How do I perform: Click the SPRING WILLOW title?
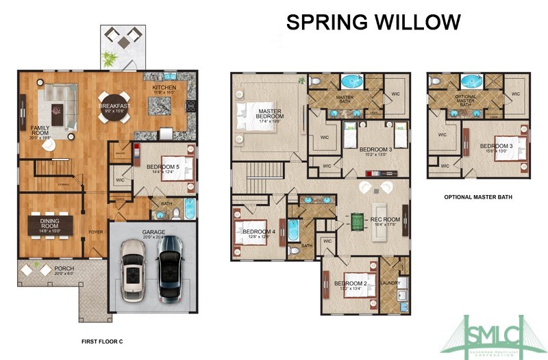(x=373, y=22)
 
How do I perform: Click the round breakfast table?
(x=111, y=107)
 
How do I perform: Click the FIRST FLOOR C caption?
(x=101, y=340)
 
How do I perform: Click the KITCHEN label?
(x=164, y=88)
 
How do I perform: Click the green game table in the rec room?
(x=358, y=222)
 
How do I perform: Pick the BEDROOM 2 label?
(x=349, y=283)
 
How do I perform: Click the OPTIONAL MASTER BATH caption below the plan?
(x=478, y=197)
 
